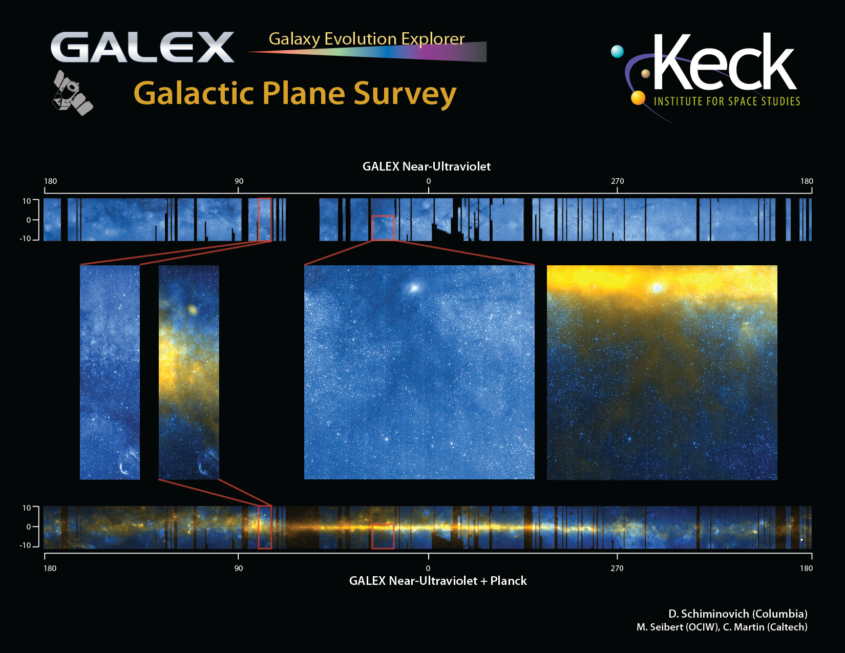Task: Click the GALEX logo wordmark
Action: pos(142,47)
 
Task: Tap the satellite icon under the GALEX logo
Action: pos(72,93)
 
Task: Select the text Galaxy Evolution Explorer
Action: pos(367,39)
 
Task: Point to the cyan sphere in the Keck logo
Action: pos(617,51)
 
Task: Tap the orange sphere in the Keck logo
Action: pos(638,98)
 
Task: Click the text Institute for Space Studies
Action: pos(727,101)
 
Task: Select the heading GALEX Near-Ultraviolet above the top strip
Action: pos(427,166)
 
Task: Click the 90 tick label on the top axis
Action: pos(239,181)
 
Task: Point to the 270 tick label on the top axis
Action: pos(617,181)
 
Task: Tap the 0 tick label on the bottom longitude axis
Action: pos(428,568)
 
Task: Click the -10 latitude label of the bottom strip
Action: pos(25,545)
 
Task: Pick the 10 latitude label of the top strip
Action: pos(27,201)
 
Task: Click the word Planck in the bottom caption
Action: pos(508,581)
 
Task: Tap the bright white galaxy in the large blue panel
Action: pos(414,288)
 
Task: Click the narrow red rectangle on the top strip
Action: pos(265,220)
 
